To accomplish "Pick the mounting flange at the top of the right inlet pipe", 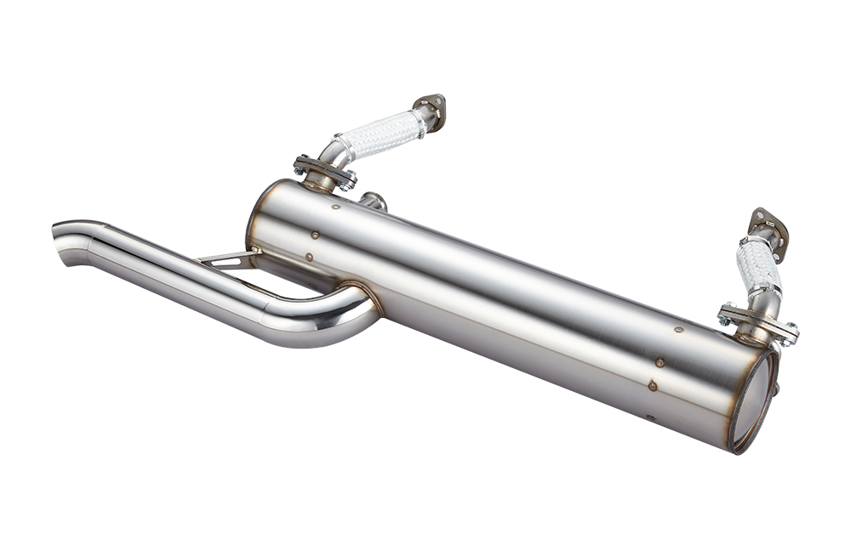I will click(768, 225).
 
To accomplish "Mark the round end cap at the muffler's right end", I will click(754, 400).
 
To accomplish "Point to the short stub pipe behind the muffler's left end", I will click(374, 202).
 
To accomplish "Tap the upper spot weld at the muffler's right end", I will click(678, 330).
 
